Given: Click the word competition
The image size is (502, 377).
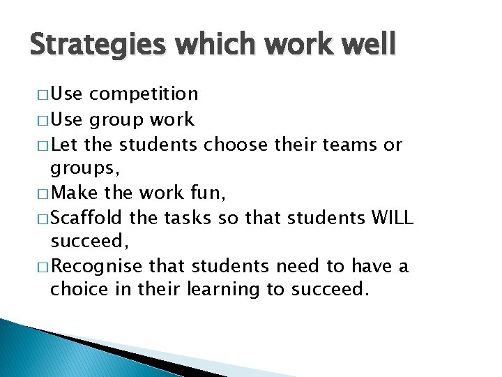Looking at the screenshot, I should (144, 94).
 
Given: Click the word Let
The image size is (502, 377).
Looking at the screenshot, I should (65, 145).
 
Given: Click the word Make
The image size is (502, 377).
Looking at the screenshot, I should (73, 193).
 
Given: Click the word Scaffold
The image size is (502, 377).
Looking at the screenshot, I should (89, 218).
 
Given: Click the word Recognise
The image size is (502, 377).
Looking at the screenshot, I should (96, 266).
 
